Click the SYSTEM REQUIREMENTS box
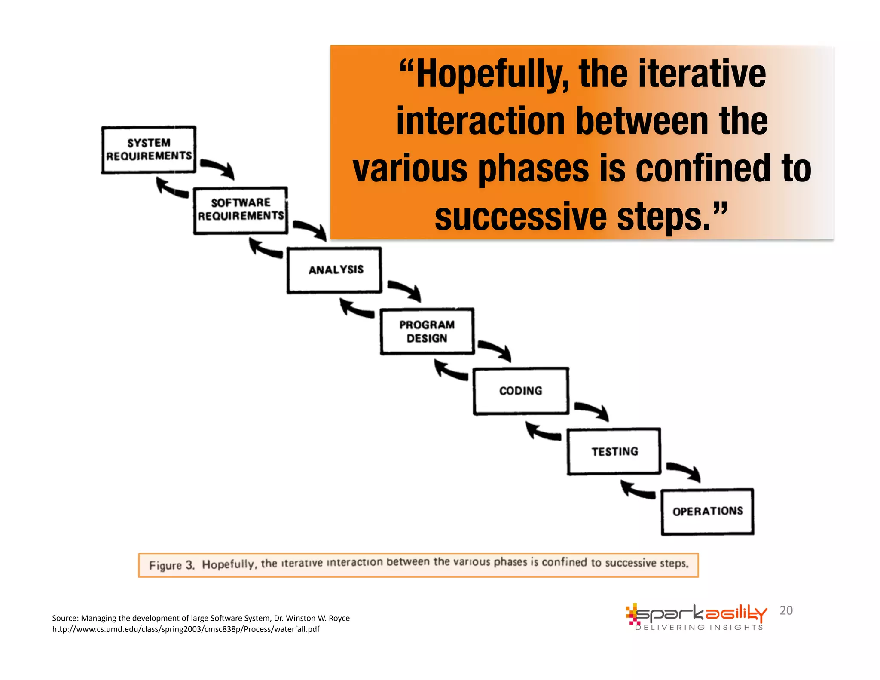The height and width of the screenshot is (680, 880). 149,150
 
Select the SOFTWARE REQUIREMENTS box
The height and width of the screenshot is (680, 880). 241,210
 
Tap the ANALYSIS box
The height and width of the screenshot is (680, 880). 335,270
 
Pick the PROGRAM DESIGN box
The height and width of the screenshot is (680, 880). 427,331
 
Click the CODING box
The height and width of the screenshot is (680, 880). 521,391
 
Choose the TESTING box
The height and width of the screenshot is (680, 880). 614,451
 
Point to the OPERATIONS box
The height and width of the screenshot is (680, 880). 708,512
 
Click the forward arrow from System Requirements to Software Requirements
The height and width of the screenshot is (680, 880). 218,168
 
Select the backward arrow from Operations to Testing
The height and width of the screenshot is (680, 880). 638,490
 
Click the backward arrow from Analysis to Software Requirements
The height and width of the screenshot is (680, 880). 265,249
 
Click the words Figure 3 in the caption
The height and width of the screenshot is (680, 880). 172,565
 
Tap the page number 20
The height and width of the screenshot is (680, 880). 786,610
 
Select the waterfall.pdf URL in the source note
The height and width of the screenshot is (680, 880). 186,629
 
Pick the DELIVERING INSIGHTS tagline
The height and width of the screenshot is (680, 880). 699,628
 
